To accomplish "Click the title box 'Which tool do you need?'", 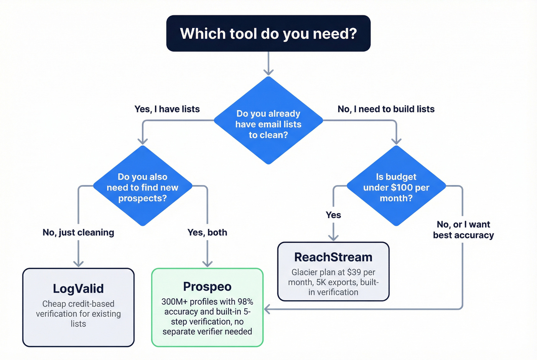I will [268, 33].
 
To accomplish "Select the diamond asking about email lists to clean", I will [268, 123].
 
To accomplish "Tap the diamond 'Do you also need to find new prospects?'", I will [142, 187].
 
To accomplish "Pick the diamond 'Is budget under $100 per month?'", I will [396, 187].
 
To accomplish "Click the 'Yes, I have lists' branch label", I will [167, 109].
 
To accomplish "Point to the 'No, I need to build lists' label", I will [386, 109].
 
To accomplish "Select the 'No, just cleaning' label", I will [78, 232].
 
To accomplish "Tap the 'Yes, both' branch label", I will [207, 232].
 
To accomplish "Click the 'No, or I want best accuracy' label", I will [463, 230].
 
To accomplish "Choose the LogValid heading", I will [78, 288].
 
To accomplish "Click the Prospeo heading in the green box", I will [207, 286].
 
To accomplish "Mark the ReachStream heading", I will [333, 257].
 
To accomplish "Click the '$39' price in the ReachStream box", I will [354, 272].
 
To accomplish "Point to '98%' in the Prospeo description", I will [245, 302].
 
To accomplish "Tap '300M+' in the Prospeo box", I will [174, 302].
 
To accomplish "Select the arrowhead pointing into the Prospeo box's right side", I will [267, 309].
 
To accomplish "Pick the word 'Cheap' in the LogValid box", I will [54, 304].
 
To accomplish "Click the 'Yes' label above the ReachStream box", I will [333, 215].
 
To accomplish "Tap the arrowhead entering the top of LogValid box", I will [78, 264].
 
